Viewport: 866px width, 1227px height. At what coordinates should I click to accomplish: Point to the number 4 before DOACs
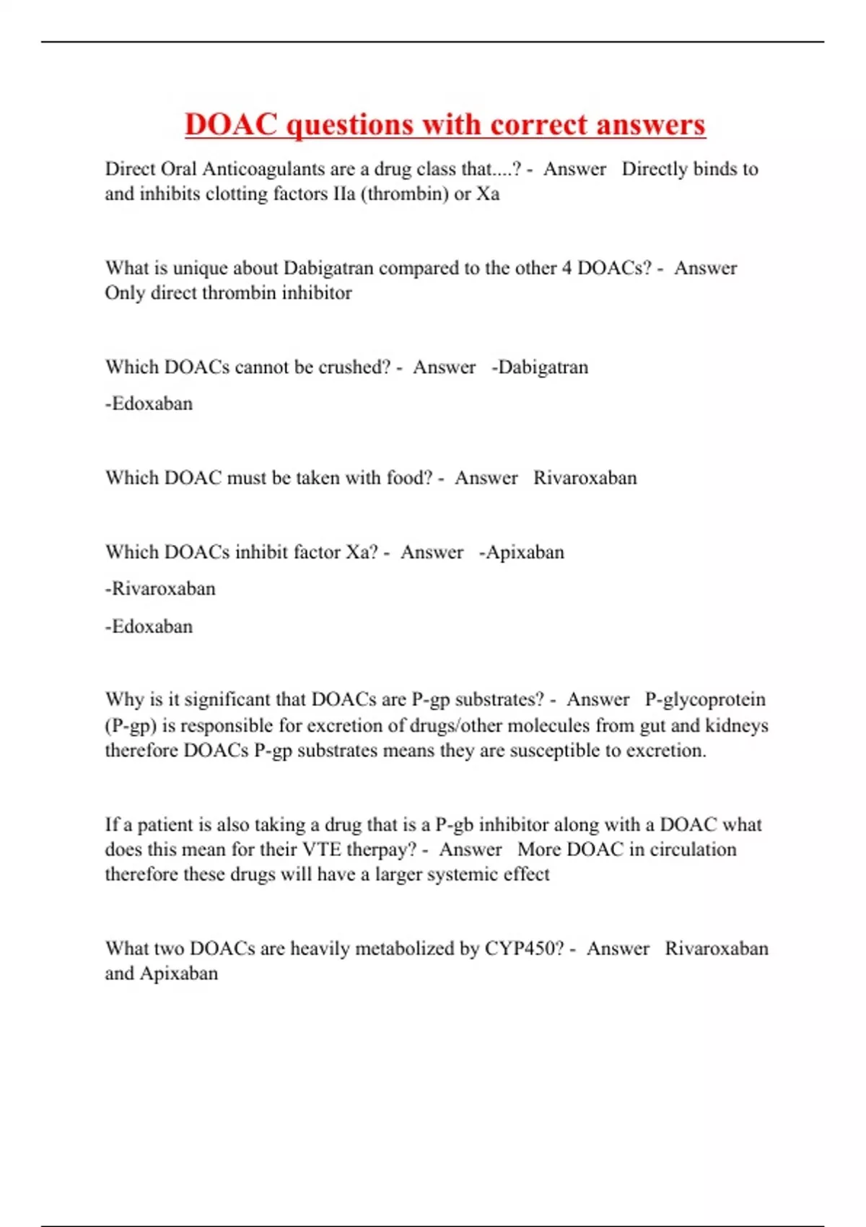[567, 268]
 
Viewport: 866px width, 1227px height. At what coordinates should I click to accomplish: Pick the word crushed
[351, 367]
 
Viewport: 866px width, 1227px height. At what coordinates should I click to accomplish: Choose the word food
[408, 478]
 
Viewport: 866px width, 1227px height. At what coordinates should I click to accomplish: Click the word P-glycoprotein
[705, 699]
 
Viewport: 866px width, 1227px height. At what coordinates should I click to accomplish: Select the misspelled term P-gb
[454, 824]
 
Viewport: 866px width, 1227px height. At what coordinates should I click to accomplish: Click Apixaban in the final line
[178, 973]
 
